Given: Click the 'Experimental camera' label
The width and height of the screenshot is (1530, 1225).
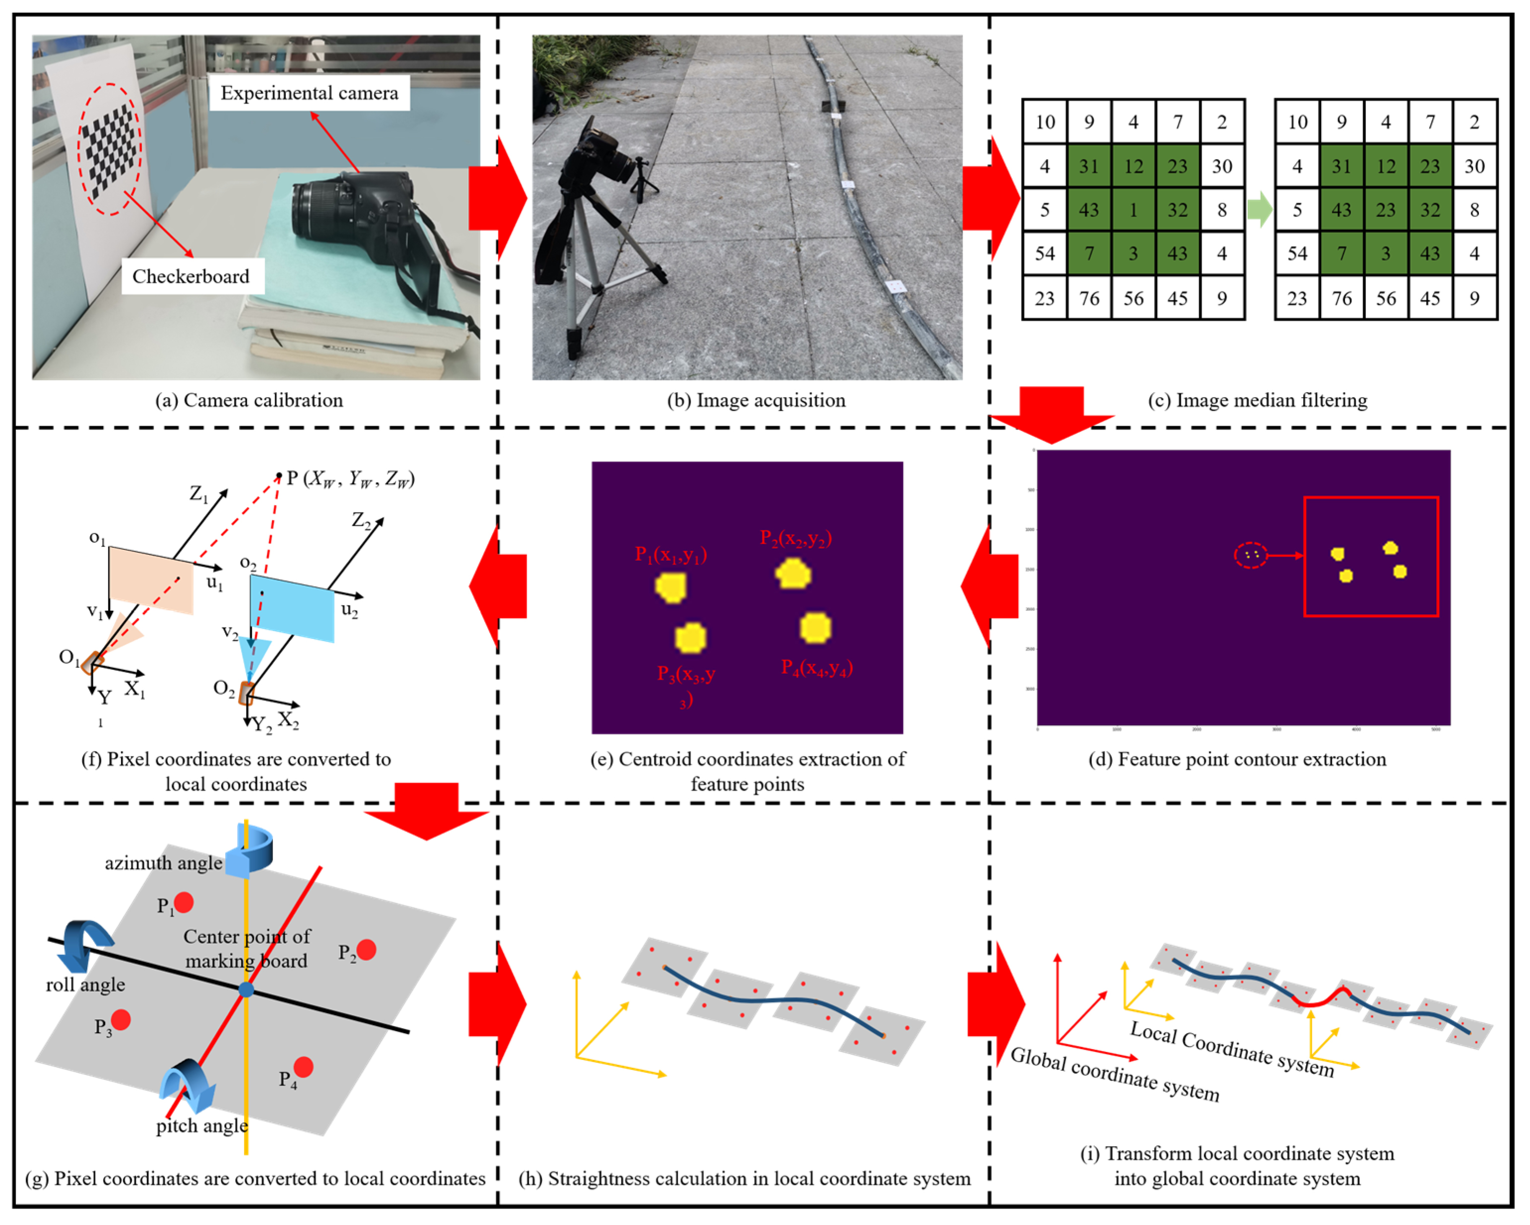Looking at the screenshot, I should click(x=310, y=93).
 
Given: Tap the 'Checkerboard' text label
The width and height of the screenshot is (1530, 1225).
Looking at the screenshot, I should click(x=191, y=276).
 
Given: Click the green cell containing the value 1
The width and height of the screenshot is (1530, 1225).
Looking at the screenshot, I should click(x=1133, y=210).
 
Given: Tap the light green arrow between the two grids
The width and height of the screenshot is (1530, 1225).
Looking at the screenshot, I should click(x=1259, y=210).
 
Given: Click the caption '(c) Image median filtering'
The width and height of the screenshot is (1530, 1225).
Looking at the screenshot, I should click(x=1258, y=400).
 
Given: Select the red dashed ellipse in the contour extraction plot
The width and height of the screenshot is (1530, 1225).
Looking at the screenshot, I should click(x=1250, y=555).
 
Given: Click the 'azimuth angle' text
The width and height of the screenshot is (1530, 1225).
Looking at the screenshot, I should click(x=163, y=863).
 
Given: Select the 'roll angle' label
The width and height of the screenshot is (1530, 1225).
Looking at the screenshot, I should click(x=85, y=985).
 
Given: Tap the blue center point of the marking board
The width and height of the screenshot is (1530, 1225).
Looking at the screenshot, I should click(x=246, y=990).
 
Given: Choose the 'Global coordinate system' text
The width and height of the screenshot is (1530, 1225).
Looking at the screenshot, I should click(x=1115, y=1075).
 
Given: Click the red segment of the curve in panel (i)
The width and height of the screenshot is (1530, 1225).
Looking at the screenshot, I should click(x=1321, y=999).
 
